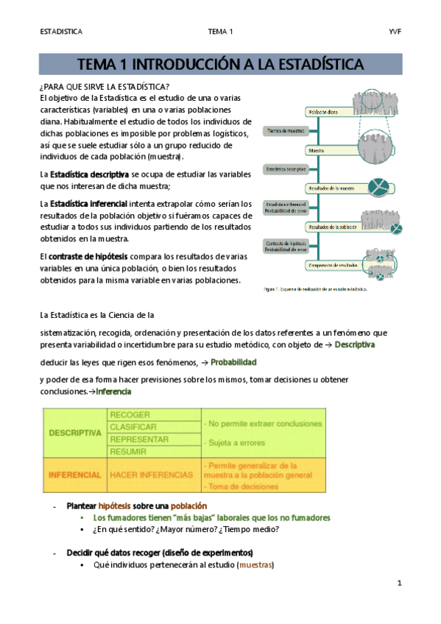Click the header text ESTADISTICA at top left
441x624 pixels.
(x=62, y=32)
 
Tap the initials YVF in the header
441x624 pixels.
(x=394, y=32)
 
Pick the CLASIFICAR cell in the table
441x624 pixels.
(x=133, y=427)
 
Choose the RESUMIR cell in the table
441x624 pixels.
(x=128, y=451)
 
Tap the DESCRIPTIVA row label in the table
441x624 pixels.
(x=74, y=433)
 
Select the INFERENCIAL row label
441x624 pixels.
(x=74, y=475)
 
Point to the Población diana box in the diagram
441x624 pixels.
(x=322, y=113)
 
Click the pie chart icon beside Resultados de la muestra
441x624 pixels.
(x=381, y=185)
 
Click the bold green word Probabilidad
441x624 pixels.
(x=233, y=363)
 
